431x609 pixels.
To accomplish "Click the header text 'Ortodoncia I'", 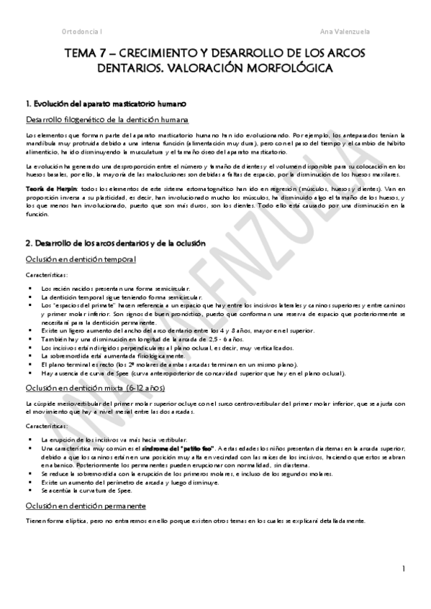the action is point(81,32).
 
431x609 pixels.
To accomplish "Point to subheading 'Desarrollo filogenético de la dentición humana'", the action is point(107,118).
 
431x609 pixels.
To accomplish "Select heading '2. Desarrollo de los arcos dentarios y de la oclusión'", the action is point(115,244).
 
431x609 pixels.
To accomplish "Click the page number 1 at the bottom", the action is point(404,569).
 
